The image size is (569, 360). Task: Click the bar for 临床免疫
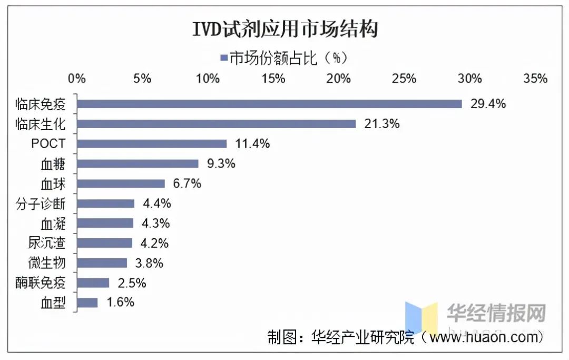coord(269,104)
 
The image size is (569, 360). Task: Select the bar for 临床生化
coord(216,124)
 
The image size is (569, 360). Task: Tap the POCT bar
coord(152,144)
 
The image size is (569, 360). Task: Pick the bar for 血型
coord(87,303)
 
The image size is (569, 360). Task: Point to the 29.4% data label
coord(488,104)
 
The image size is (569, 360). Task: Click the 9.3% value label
coord(221,163)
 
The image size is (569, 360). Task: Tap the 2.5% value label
coord(132,283)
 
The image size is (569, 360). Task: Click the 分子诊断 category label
coord(47,203)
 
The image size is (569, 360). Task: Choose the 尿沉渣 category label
coord(47,243)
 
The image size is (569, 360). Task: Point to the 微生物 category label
coord(47,263)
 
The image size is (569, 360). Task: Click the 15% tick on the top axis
coord(273,79)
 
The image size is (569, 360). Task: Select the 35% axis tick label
coord(535,79)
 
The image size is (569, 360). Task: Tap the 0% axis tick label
coord(77,79)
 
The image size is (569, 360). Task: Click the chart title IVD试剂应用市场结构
coord(285,30)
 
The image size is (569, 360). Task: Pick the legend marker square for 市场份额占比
coord(224,57)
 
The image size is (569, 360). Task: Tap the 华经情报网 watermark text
coord(496,313)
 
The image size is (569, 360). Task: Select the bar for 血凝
coord(105,223)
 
